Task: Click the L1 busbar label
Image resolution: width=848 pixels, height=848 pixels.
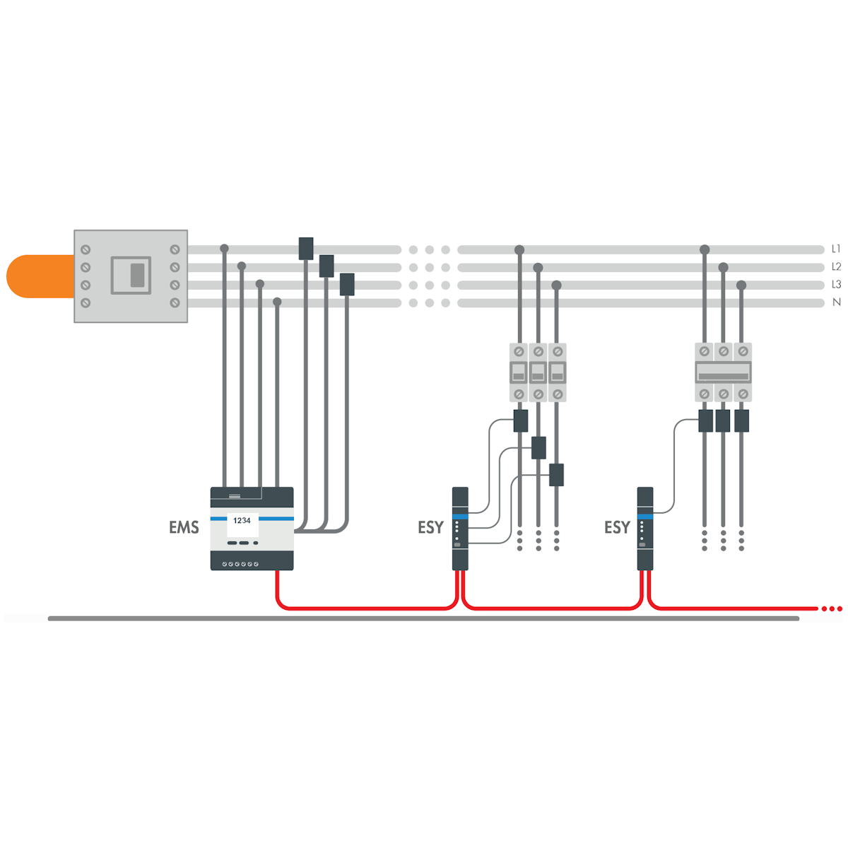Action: pyautogui.click(x=835, y=249)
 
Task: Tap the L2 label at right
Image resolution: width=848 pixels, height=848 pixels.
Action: pyautogui.click(x=836, y=266)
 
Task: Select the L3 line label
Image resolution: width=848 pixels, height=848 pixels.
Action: pyautogui.click(x=836, y=285)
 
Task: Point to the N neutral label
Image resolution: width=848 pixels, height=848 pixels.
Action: pyautogui.click(x=836, y=302)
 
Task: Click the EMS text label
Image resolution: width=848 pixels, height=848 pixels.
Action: pyautogui.click(x=184, y=526)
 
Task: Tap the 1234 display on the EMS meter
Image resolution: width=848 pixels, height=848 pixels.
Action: pyautogui.click(x=242, y=521)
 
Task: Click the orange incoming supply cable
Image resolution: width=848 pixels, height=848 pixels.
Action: pyautogui.click(x=40, y=276)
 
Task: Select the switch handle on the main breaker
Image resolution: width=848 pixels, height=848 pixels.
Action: pyautogui.click(x=137, y=276)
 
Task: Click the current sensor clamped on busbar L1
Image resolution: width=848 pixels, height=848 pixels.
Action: pyautogui.click(x=306, y=249)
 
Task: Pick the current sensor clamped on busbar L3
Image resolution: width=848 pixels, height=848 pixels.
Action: pyautogui.click(x=347, y=284)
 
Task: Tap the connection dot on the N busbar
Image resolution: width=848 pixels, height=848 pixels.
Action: pyautogui.click(x=277, y=302)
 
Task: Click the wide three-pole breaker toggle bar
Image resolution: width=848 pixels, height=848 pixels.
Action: pyautogui.click(x=723, y=377)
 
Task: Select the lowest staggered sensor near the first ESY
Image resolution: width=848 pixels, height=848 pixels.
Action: pyautogui.click(x=556, y=475)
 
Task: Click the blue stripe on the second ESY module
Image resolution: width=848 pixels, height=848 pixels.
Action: pyautogui.click(x=644, y=516)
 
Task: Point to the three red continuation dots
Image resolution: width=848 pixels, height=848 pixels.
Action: pyautogui.click(x=831, y=608)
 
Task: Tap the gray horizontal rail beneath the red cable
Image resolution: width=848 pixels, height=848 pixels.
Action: pyautogui.click(x=423, y=618)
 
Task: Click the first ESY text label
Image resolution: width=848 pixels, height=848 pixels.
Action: pyautogui.click(x=430, y=526)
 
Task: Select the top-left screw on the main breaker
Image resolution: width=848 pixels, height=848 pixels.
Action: pyautogui.click(x=86, y=249)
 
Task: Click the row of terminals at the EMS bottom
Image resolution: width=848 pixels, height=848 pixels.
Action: pyautogui.click(x=240, y=564)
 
